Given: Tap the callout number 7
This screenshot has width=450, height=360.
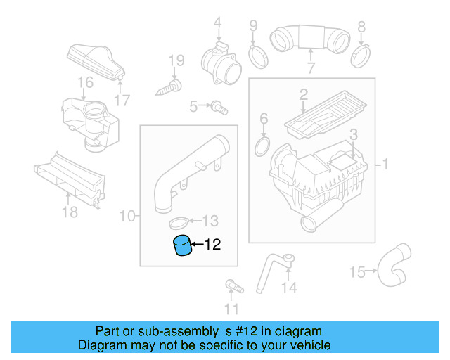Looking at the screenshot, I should point(310,68).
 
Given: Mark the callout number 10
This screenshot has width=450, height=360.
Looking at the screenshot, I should point(127,215).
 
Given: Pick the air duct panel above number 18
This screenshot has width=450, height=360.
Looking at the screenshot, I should point(68,179).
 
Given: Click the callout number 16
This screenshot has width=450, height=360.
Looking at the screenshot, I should point(85,83).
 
